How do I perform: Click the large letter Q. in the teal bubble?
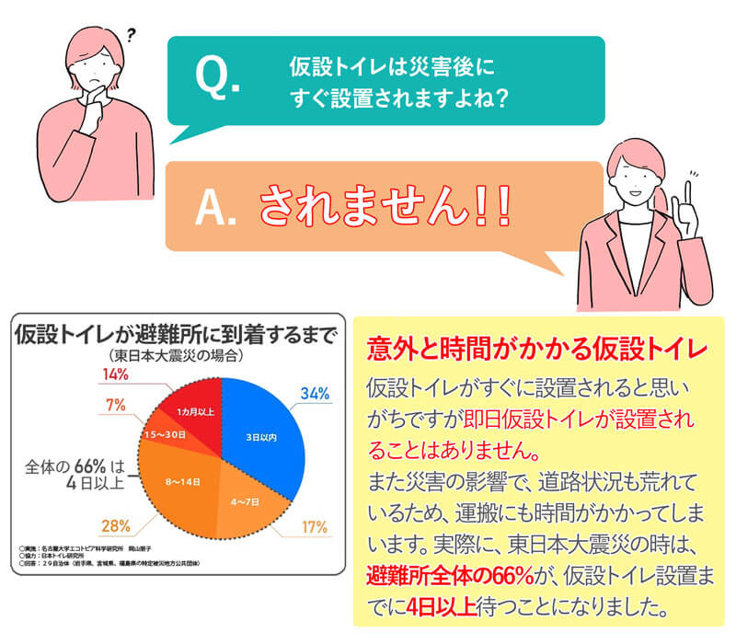(218, 78)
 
